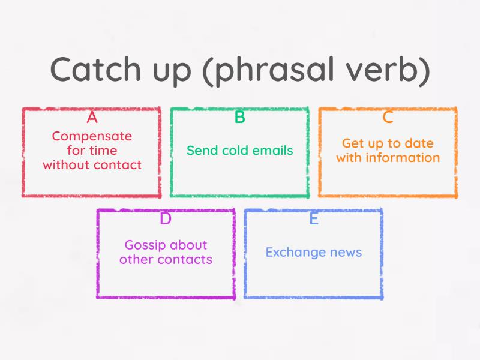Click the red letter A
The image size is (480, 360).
tap(92, 117)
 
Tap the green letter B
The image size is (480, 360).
tap(239, 117)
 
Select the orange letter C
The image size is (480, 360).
tap(388, 117)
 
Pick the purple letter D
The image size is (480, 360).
tap(166, 219)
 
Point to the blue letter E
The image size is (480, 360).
tap(313, 219)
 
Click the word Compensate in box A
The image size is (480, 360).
tap(92, 137)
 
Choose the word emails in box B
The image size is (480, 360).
tap(272, 150)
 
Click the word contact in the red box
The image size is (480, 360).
tap(121, 164)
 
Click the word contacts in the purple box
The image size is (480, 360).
tap(185, 260)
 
